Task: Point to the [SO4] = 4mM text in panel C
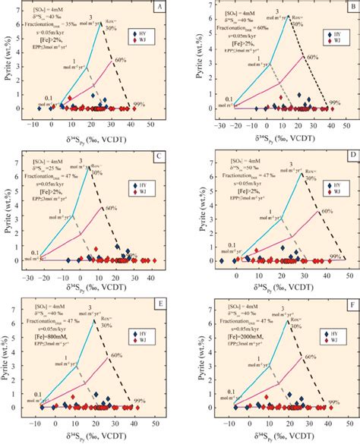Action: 47,160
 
